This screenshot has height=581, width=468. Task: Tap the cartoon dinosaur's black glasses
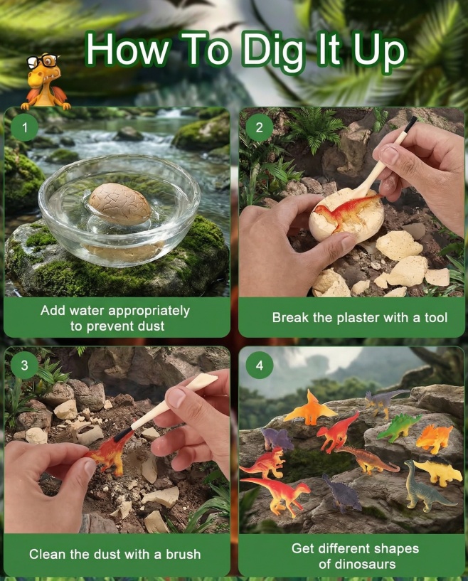[x=43, y=60]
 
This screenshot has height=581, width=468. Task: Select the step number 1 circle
[x=24, y=127]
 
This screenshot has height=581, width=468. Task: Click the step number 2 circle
[x=260, y=127]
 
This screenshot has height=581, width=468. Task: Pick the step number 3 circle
[x=24, y=366]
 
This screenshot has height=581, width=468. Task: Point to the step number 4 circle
[x=260, y=366]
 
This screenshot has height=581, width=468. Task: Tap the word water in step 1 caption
[x=87, y=311]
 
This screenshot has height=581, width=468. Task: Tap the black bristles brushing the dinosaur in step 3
[x=124, y=434]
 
